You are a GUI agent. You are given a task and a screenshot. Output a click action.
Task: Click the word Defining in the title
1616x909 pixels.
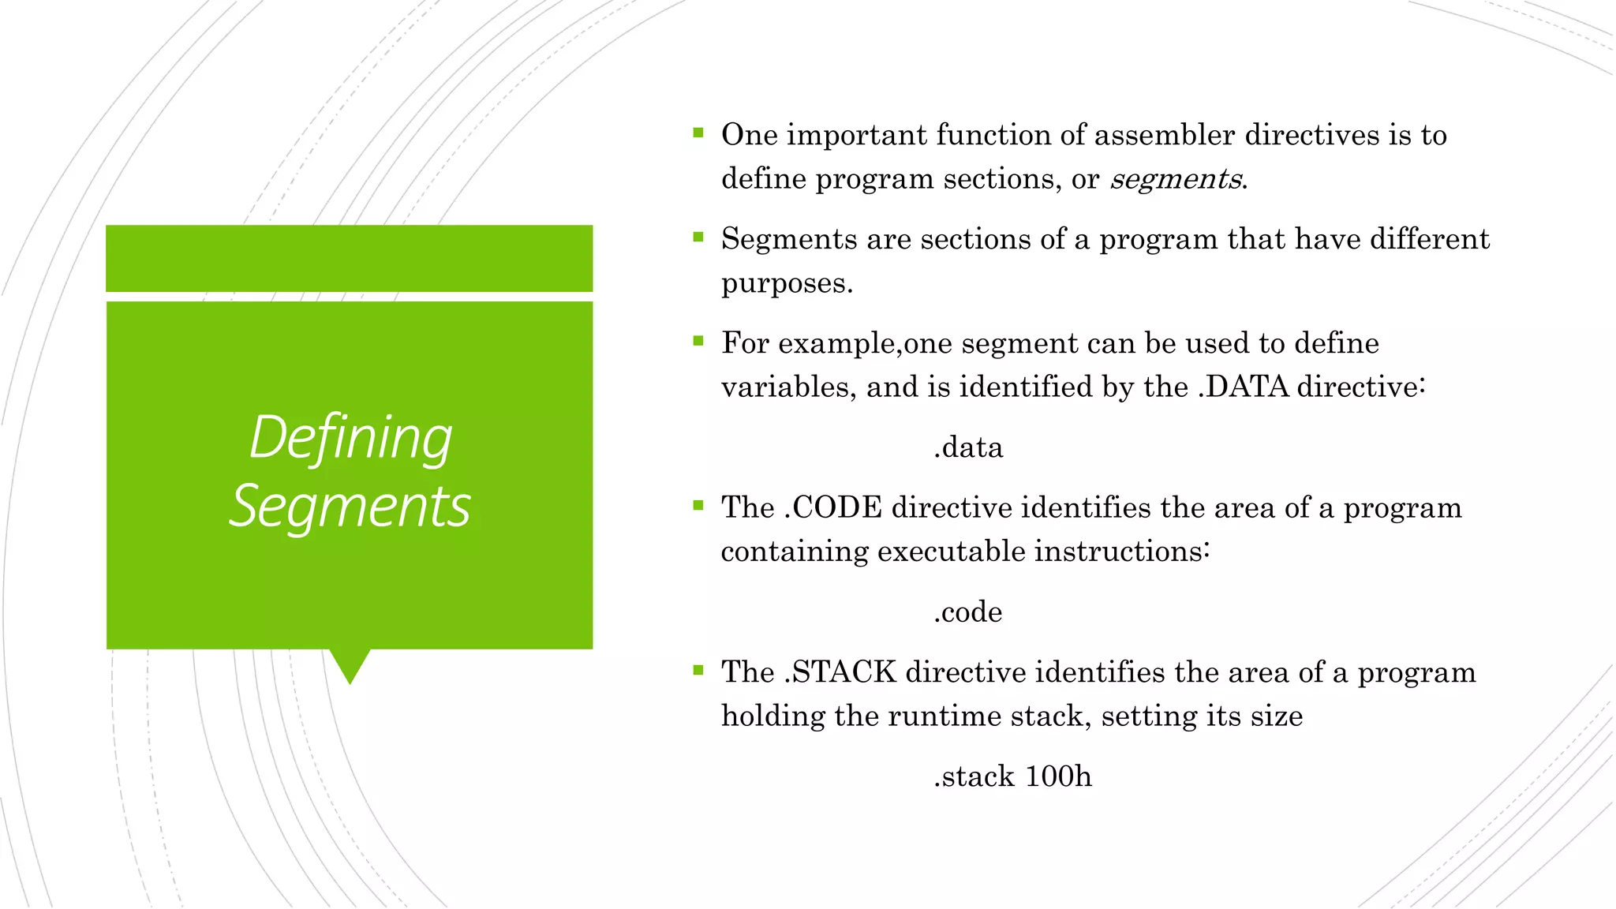350,438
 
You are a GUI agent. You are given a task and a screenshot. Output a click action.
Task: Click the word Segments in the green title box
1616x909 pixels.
350,507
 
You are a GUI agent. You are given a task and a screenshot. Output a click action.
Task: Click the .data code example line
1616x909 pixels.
968,447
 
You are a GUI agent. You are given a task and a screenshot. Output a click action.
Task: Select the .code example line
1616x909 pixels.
967,612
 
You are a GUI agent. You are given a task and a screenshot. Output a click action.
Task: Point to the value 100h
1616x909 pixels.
1058,776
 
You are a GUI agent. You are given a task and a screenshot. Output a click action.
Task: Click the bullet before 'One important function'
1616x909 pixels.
698,133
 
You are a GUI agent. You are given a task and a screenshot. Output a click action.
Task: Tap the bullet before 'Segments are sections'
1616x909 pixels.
698,237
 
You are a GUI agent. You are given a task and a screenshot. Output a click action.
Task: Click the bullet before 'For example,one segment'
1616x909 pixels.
698,341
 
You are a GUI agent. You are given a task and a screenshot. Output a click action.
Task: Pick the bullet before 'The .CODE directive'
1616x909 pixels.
698,506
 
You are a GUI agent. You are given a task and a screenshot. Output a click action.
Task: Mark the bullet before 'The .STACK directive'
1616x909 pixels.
698,671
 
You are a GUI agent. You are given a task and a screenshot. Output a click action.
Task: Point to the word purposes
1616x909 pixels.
786,283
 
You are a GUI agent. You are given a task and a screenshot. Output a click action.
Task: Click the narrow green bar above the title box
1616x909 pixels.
350,258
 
